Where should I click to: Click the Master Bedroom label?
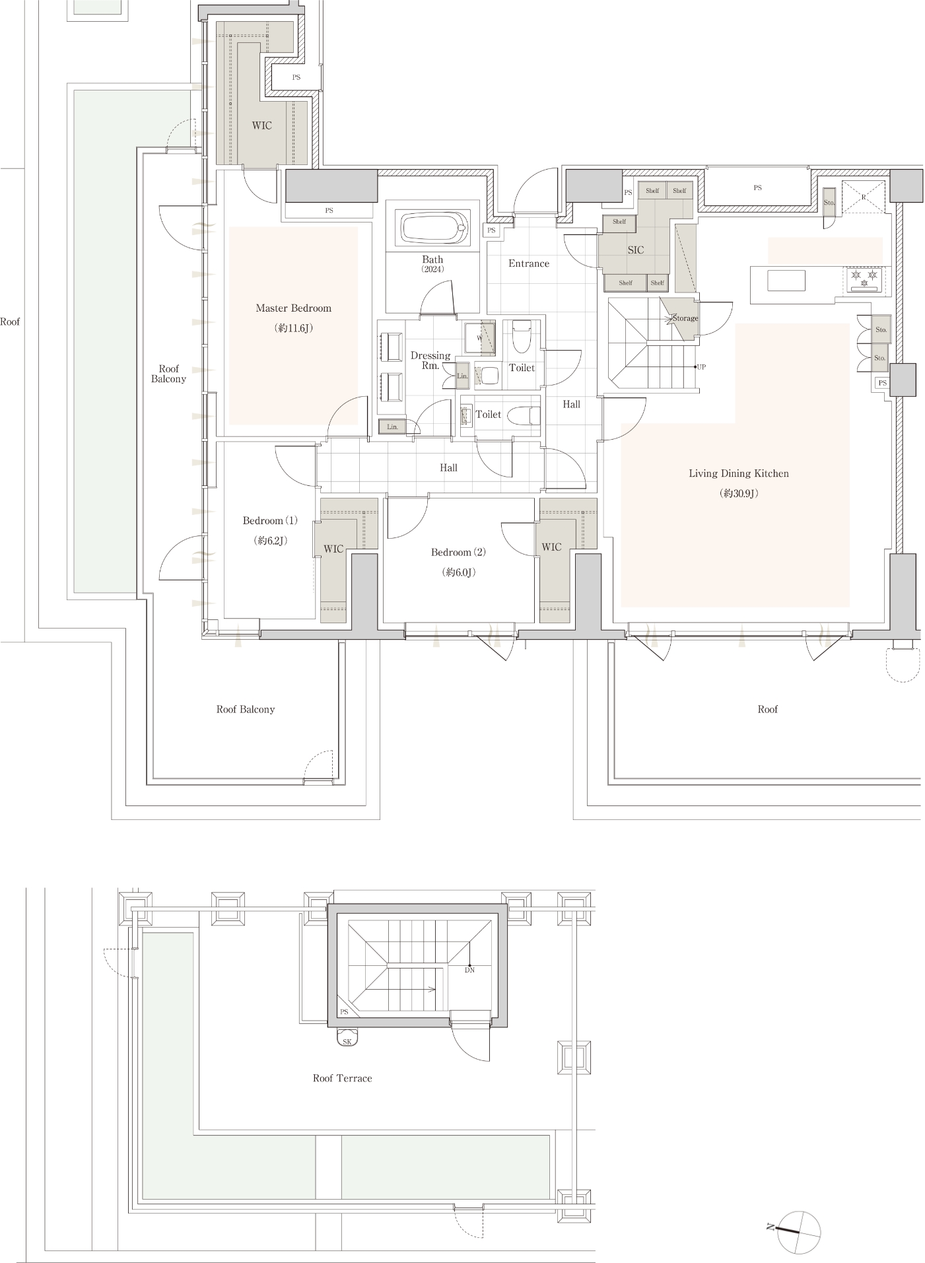point(293,308)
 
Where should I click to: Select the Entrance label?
point(528,263)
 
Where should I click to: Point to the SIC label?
point(635,250)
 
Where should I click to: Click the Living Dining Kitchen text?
point(738,473)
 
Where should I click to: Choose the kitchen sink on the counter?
point(786,280)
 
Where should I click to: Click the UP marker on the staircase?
point(701,367)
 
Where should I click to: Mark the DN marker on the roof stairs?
point(469,970)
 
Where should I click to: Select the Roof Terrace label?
point(342,1078)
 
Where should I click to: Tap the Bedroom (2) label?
point(458,552)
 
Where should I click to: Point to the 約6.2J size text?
point(270,541)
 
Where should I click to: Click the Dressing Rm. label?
point(430,360)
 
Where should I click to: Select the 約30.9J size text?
point(738,493)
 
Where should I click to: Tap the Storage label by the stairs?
point(685,318)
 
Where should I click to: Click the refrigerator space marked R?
point(863,197)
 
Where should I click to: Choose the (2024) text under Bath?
point(433,269)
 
